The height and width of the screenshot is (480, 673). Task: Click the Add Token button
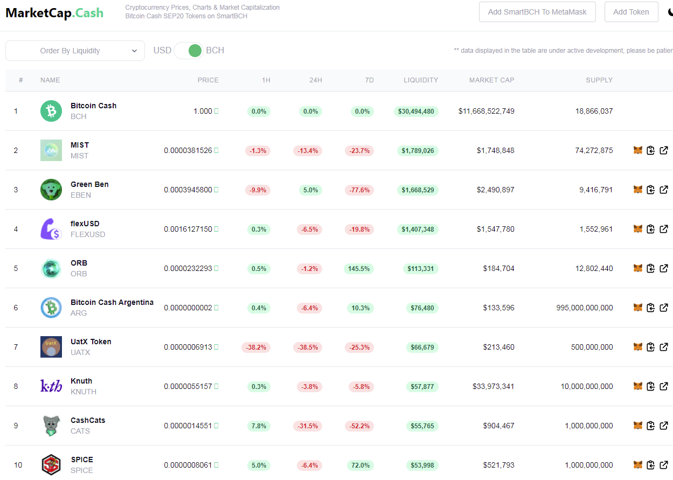pyautogui.click(x=631, y=12)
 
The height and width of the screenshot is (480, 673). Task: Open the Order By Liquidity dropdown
pyautogui.click(x=75, y=51)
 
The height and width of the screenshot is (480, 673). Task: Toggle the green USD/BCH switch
pyautogui.click(x=189, y=51)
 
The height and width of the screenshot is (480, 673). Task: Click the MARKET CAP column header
pyautogui.click(x=491, y=80)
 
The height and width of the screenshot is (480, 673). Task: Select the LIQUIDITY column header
pyautogui.click(x=421, y=80)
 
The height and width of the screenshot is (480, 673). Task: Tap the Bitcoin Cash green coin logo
pyautogui.click(x=51, y=111)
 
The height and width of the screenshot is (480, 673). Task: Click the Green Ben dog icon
pyautogui.click(x=51, y=190)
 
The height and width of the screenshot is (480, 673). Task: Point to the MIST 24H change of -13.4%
pyautogui.click(x=308, y=150)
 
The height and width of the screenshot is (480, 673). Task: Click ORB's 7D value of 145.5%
pyautogui.click(x=359, y=268)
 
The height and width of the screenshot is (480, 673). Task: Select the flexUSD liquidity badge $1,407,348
pyautogui.click(x=418, y=229)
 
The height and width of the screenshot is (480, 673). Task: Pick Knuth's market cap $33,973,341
pyautogui.click(x=494, y=386)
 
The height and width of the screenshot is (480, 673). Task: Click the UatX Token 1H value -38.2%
pyautogui.click(x=256, y=347)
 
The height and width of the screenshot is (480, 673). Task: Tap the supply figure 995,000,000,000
pyautogui.click(x=585, y=308)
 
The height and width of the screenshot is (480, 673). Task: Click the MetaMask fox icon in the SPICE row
pyautogui.click(x=638, y=465)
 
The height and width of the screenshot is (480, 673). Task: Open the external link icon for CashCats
pyautogui.click(x=664, y=426)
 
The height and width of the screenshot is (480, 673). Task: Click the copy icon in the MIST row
pyautogui.click(x=650, y=150)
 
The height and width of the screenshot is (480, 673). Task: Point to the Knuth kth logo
pyautogui.click(x=51, y=386)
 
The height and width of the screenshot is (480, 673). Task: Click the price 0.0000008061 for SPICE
pyautogui.click(x=188, y=465)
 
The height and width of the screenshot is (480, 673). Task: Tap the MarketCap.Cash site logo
pyautogui.click(x=54, y=13)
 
